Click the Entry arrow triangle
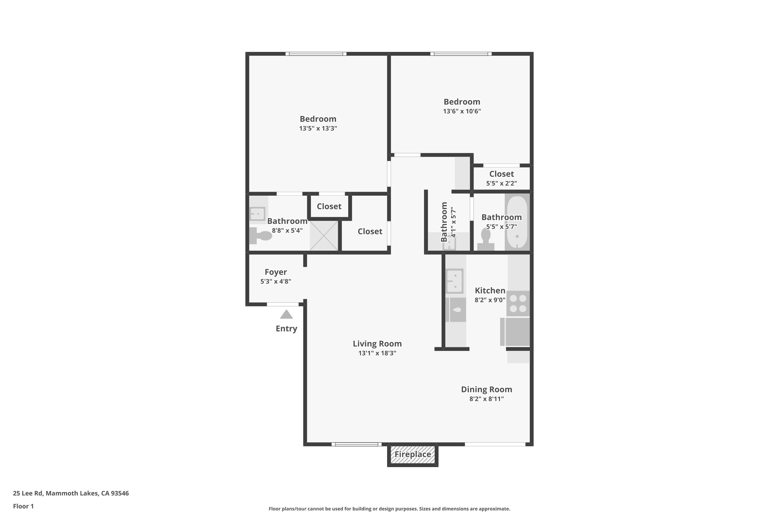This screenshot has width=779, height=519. click(x=286, y=315)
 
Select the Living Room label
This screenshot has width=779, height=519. click(x=377, y=344)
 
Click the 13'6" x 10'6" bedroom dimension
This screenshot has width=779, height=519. click(x=462, y=111)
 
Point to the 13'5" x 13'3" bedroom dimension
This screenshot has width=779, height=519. click(x=318, y=128)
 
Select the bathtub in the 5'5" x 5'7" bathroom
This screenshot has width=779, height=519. click(x=517, y=222)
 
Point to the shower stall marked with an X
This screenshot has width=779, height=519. click(x=324, y=236)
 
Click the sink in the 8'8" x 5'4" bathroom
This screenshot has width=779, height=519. click(x=257, y=214)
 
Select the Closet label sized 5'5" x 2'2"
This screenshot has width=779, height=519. click(x=501, y=174)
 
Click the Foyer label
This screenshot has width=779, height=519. click(x=276, y=272)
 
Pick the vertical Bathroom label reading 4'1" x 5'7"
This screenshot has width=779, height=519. click(x=444, y=222)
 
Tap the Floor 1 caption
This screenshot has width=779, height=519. click(x=23, y=506)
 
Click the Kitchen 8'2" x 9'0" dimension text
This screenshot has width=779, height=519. click(x=490, y=300)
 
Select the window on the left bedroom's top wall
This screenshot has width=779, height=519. click(x=316, y=54)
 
